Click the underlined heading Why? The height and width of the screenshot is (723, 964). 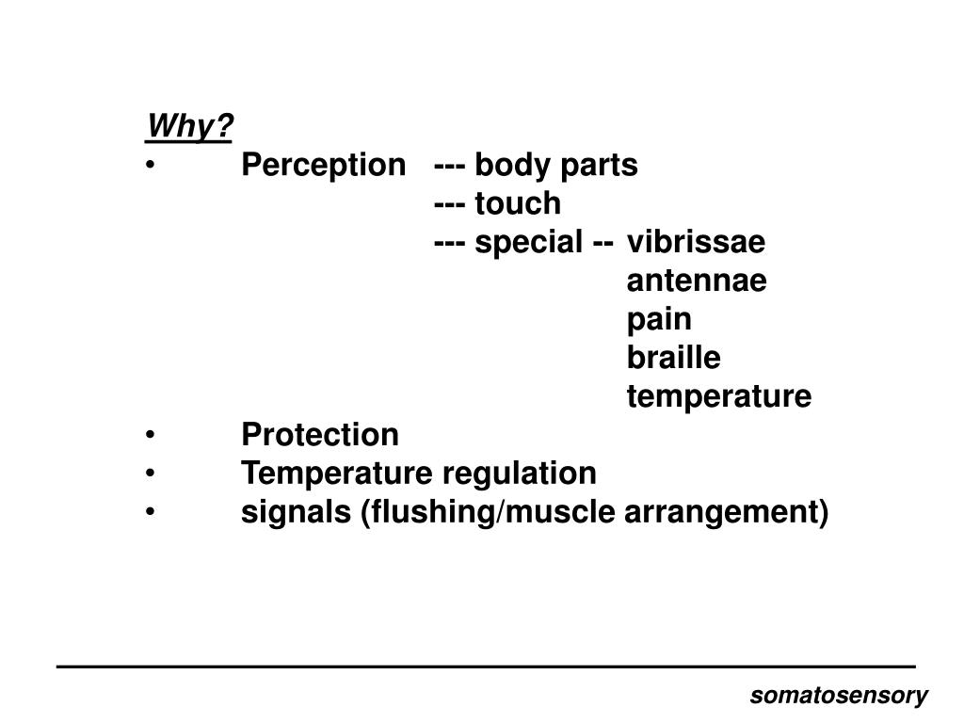[x=189, y=126]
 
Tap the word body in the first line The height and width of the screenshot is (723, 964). [x=506, y=166]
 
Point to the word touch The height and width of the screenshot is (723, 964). [x=517, y=203]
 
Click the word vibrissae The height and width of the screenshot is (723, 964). [x=697, y=243]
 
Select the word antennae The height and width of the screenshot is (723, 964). [x=697, y=281]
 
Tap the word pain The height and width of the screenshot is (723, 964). [x=659, y=320]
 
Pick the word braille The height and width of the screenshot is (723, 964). [x=673, y=359]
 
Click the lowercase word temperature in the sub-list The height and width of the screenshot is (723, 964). [x=718, y=397]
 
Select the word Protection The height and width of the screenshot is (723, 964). [x=320, y=435]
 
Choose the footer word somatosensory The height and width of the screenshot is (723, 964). [x=839, y=696]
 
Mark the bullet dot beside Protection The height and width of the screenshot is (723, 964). [x=151, y=436]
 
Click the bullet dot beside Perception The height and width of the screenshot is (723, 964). [x=151, y=167]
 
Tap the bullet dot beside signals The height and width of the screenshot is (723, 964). [x=151, y=513]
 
